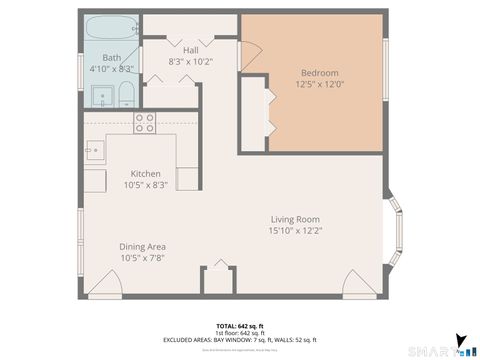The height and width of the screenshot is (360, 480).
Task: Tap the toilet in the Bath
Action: click(127, 96)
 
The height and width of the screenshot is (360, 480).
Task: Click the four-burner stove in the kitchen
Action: click(145, 123)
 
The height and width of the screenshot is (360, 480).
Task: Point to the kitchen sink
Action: click(94, 152)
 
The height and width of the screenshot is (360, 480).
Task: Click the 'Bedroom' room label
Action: click(320, 73)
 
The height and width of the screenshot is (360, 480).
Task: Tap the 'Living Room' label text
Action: click(294, 219)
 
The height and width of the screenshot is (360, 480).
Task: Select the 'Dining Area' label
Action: click(143, 246)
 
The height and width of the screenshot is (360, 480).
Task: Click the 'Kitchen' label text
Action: click(145, 172)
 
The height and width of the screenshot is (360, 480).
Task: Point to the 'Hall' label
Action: click(190, 49)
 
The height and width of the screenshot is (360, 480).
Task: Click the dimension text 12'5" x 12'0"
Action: click(320, 84)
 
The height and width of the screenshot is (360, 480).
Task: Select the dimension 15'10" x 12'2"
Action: click(294, 231)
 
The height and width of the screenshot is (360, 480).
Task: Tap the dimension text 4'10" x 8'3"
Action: click(111, 69)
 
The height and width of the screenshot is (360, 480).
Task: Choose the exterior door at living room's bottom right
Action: click(359, 283)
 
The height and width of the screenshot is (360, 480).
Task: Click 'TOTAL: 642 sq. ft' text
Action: click(240, 326)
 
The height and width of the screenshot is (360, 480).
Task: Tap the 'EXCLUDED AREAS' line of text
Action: click(240, 340)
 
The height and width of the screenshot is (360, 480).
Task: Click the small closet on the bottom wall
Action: click(217, 280)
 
